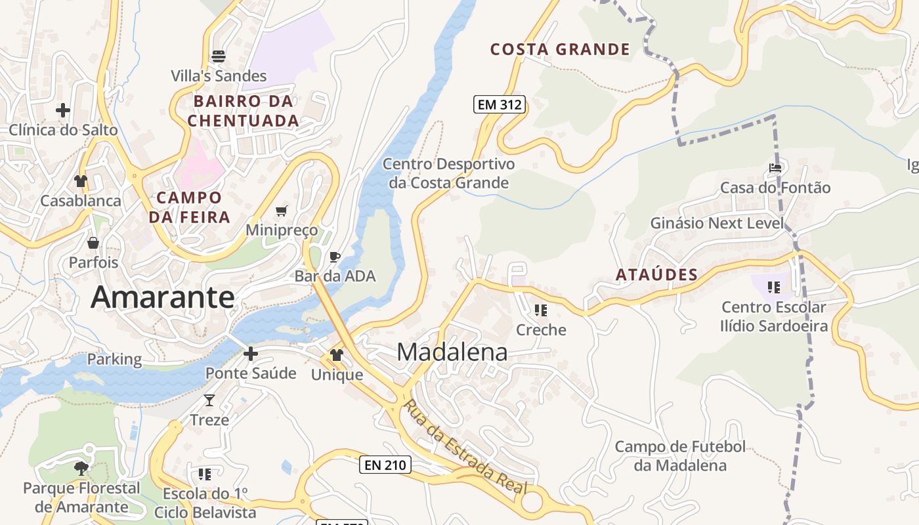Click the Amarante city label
coord(162,297)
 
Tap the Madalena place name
coord(452,352)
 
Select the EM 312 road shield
coord(500,104)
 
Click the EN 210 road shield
coord(385,465)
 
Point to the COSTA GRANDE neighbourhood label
coord(560,49)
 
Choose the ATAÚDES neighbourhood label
coord(656,275)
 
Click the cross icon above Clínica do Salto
coord(63,110)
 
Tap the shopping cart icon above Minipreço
coord(282,211)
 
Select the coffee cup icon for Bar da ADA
coord(335,257)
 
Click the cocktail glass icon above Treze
coord(209,400)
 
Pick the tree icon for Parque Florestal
coord(81,468)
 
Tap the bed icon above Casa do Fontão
coord(775,168)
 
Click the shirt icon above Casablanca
coord(81,181)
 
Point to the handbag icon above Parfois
coord(94,243)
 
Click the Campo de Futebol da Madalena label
coord(680,456)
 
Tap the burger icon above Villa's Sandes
coord(219,56)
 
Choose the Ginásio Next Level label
coord(717,223)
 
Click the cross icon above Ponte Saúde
coord(250,354)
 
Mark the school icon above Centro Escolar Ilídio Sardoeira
coord(774,287)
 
